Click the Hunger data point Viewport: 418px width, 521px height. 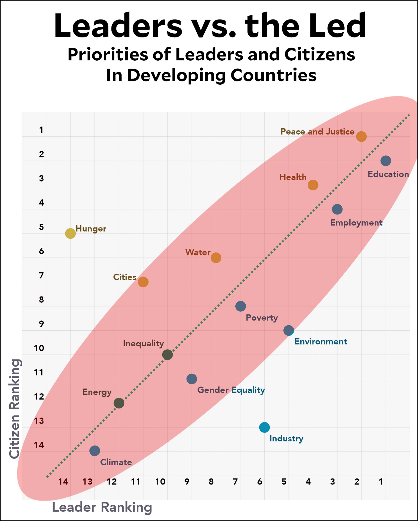pyautogui.click(x=70, y=233)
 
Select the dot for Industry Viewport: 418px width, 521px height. pyautogui.click(x=264, y=427)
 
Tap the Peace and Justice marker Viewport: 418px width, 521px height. pyautogui.click(x=361, y=137)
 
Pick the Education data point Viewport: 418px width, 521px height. pyautogui.click(x=386, y=161)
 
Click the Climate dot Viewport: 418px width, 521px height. pyautogui.click(x=94, y=451)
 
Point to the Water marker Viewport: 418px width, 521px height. pyautogui.click(x=216, y=258)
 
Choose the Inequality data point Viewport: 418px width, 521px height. pyautogui.click(x=168, y=355)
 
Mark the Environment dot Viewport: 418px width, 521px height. pyautogui.click(x=289, y=330)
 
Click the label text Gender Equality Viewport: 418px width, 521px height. pyautogui.click(x=231, y=390)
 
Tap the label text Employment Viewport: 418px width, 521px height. pyautogui.click(x=356, y=223)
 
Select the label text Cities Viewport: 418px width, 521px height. pyautogui.click(x=125, y=277)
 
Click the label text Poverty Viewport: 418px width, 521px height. pyautogui.click(x=262, y=318)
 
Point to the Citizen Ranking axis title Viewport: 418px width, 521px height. pyautogui.click(x=15, y=408)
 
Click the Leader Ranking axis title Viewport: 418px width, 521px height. pyautogui.click(x=102, y=507)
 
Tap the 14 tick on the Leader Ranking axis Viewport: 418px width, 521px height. pyautogui.click(x=63, y=481)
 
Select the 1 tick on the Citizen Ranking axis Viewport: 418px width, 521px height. pyautogui.click(x=41, y=130)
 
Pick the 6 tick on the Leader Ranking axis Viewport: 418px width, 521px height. pyautogui.click(x=260, y=481)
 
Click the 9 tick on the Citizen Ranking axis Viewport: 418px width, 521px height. pyautogui.click(x=41, y=324)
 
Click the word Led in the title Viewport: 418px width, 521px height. pyautogui.click(x=337, y=26)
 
